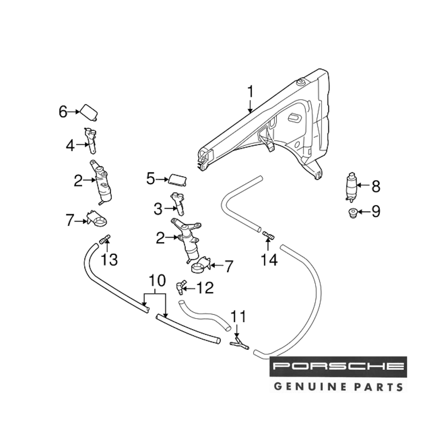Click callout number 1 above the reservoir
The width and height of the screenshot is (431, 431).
(x=250, y=92)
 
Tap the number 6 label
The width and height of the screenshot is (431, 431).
(x=63, y=112)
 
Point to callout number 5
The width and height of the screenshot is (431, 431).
(x=150, y=178)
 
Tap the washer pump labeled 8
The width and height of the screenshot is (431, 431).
(x=351, y=187)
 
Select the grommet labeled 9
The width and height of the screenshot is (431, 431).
(x=353, y=212)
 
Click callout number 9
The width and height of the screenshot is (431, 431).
(x=375, y=211)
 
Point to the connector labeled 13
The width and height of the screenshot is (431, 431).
(x=105, y=239)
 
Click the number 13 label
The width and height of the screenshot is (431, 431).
(x=109, y=260)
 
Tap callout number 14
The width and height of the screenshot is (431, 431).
(x=269, y=260)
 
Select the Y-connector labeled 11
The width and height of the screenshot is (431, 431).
(x=239, y=344)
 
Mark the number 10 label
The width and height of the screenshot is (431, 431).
(x=157, y=281)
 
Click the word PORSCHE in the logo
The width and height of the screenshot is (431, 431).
(x=338, y=367)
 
